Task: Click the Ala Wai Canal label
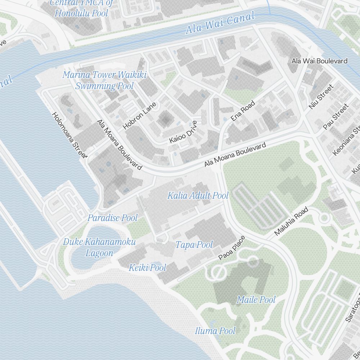[x=220, y=22]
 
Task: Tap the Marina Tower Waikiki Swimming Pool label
[x=104, y=80]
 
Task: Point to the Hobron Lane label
[x=140, y=116]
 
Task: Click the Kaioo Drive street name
[x=184, y=132]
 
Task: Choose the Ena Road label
[x=243, y=111]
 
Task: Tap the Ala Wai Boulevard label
[x=319, y=61]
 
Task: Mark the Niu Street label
[x=321, y=96]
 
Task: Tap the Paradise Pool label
[x=113, y=218]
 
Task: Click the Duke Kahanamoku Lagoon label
[x=99, y=247]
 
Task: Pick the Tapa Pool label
[x=194, y=245]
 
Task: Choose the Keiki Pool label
[x=148, y=267]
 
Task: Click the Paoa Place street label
[x=232, y=248]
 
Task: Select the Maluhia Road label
[x=292, y=221]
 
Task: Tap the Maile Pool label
[x=256, y=300]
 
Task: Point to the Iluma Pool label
[x=215, y=331]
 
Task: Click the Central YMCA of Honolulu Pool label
[x=81, y=8]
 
